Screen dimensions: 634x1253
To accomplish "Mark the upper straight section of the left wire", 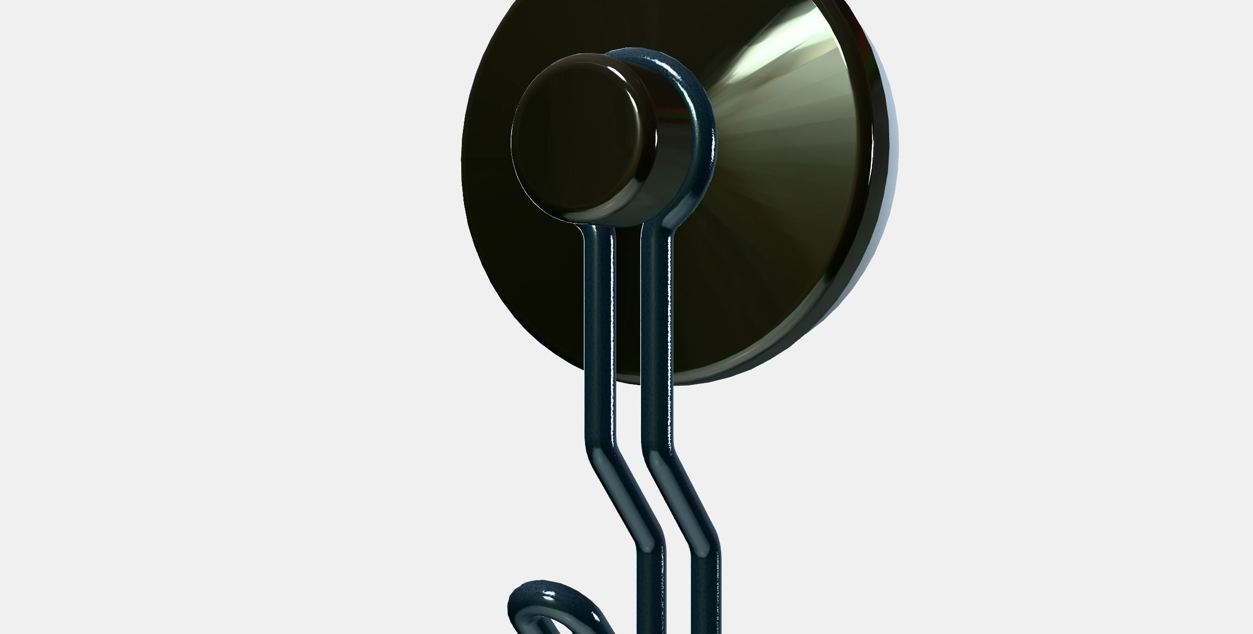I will pos(599,323).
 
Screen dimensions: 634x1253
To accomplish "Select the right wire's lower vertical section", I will pos(706,593).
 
